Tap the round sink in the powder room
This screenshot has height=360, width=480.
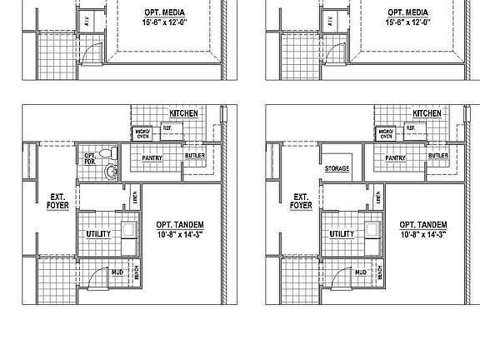[110, 171]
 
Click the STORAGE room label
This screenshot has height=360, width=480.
[337, 168]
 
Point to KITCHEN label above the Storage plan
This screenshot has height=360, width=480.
[427, 113]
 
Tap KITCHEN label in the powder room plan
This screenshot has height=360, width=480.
[183, 113]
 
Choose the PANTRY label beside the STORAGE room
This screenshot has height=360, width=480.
[395, 157]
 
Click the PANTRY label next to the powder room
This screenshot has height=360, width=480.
[152, 157]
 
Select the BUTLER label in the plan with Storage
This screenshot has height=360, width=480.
[438, 156]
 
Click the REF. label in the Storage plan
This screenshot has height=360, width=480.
[410, 127]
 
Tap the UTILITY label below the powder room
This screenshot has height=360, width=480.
[97, 234]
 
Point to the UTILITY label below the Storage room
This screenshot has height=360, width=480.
[342, 234]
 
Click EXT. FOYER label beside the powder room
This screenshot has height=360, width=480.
[57, 202]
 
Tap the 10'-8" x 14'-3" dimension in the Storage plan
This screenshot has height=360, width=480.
[423, 235]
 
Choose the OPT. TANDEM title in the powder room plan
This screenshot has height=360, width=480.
[180, 225]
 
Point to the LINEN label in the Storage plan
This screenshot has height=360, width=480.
[380, 198]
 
